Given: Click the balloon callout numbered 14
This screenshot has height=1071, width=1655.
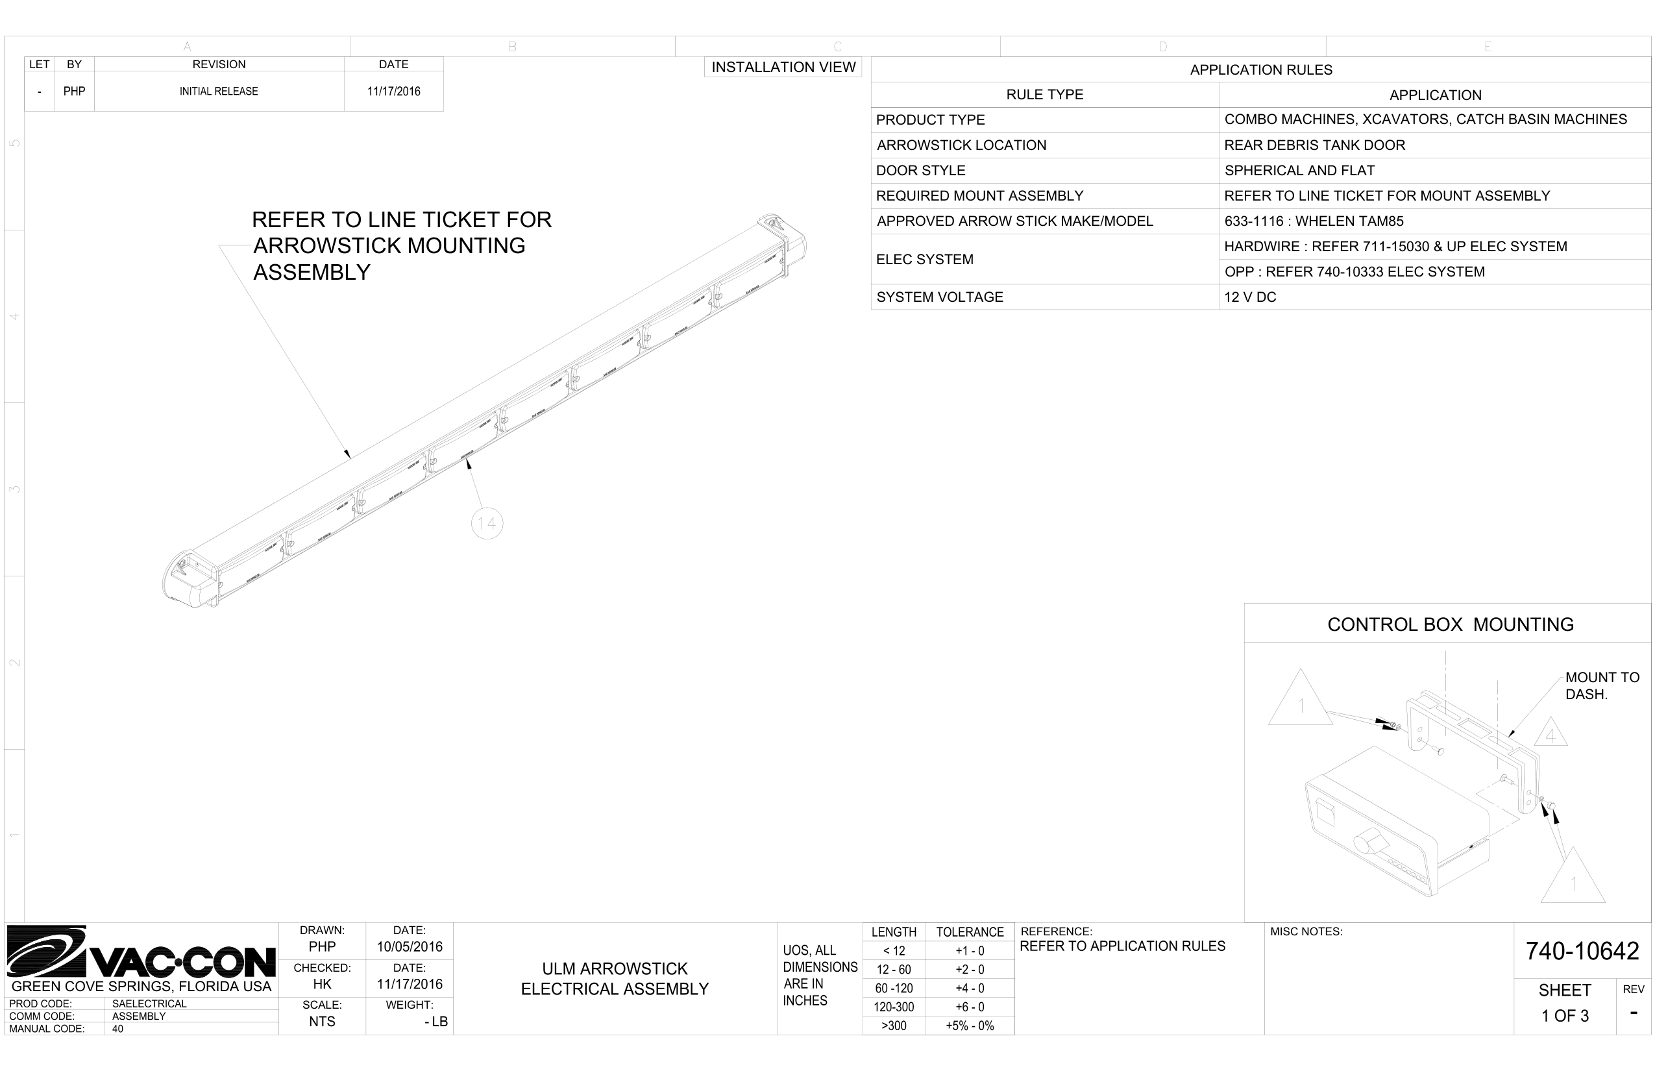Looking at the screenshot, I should click(x=487, y=524).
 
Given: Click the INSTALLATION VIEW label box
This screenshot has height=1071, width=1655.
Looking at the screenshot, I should click(x=783, y=68).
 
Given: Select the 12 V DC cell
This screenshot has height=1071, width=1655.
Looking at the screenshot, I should click(x=1249, y=297).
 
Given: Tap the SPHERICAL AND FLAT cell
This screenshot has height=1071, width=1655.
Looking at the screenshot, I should click(x=1299, y=170).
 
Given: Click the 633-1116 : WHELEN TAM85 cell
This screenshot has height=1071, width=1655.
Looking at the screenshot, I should click(x=1314, y=221).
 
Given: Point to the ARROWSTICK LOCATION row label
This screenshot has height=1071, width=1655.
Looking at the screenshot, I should click(x=961, y=145).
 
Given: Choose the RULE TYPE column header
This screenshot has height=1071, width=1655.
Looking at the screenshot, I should click(x=1044, y=95).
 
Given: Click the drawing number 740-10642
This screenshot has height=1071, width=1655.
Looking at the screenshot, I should click(x=1582, y=951).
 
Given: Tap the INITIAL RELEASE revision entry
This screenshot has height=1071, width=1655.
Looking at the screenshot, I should click(x=218, y=91).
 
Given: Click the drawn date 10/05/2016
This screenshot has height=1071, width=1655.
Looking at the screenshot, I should click(x=410, y=946).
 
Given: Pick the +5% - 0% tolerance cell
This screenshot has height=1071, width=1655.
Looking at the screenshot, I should click(x=970, y=1025).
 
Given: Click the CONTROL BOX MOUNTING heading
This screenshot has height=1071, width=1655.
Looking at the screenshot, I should click(x=1450, y=624).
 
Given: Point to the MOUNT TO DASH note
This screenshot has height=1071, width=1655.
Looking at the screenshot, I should click(x=1602, y=685).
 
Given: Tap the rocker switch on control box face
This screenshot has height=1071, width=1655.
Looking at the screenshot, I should click(x=1326, y=811).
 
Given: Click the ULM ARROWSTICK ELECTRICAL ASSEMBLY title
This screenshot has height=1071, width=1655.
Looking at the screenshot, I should click(x=615, y=979).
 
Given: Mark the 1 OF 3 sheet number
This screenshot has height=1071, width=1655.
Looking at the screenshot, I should click(x=1565, y=1016).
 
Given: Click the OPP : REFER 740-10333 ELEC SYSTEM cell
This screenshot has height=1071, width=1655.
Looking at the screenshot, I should click(x=1354, y=272).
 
